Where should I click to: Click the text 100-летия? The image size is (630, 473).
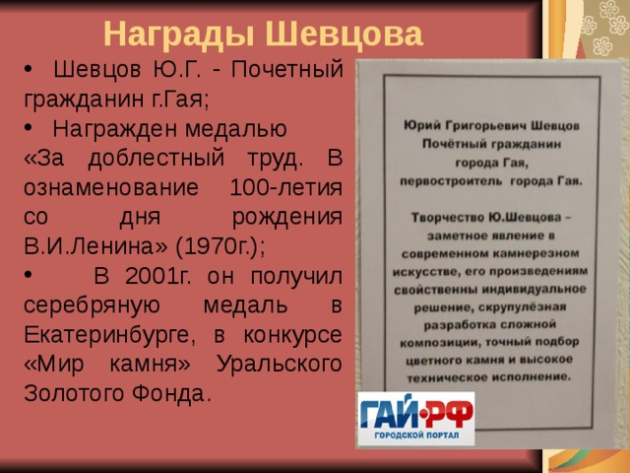[285, 186]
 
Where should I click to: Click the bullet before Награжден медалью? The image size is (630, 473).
[27, 129]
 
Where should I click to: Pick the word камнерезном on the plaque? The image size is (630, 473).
[525, 252]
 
